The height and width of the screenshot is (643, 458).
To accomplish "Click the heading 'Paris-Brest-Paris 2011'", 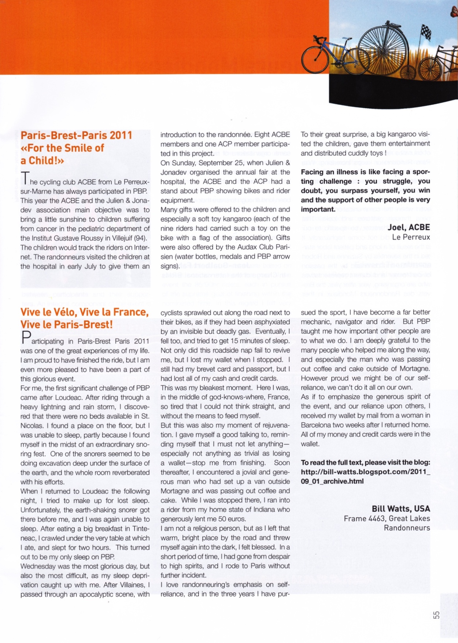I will coord(76,135).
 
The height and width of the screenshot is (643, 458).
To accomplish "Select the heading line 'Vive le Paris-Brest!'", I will coord(66,325).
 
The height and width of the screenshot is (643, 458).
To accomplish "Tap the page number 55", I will coord(436,615).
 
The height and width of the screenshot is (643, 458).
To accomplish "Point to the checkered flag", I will coord(426,32).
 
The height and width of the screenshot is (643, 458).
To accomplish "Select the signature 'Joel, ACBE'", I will coord(409,227).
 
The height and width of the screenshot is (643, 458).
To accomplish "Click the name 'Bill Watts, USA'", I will coord(401,509).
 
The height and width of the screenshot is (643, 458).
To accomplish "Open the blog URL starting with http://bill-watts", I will coord(365,472).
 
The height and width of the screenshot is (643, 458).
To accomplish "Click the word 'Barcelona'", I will coord(317,425).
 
